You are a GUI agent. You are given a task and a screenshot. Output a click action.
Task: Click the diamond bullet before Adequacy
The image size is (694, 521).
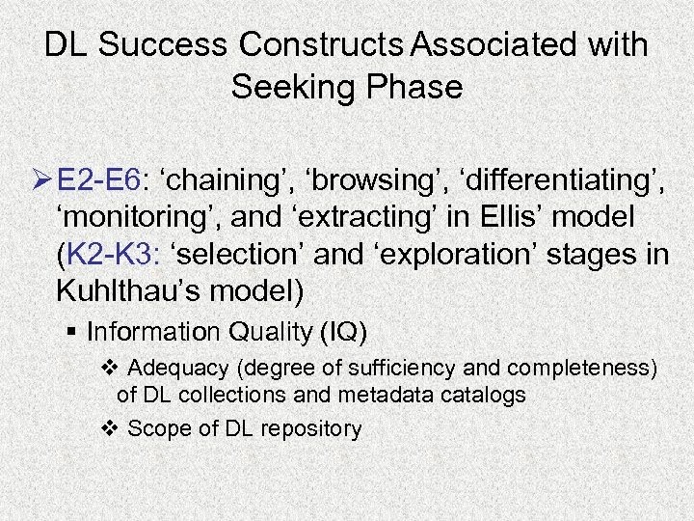[x=109, y=368]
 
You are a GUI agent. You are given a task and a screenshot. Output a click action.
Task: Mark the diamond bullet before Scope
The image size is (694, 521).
[x=109, y=428]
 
